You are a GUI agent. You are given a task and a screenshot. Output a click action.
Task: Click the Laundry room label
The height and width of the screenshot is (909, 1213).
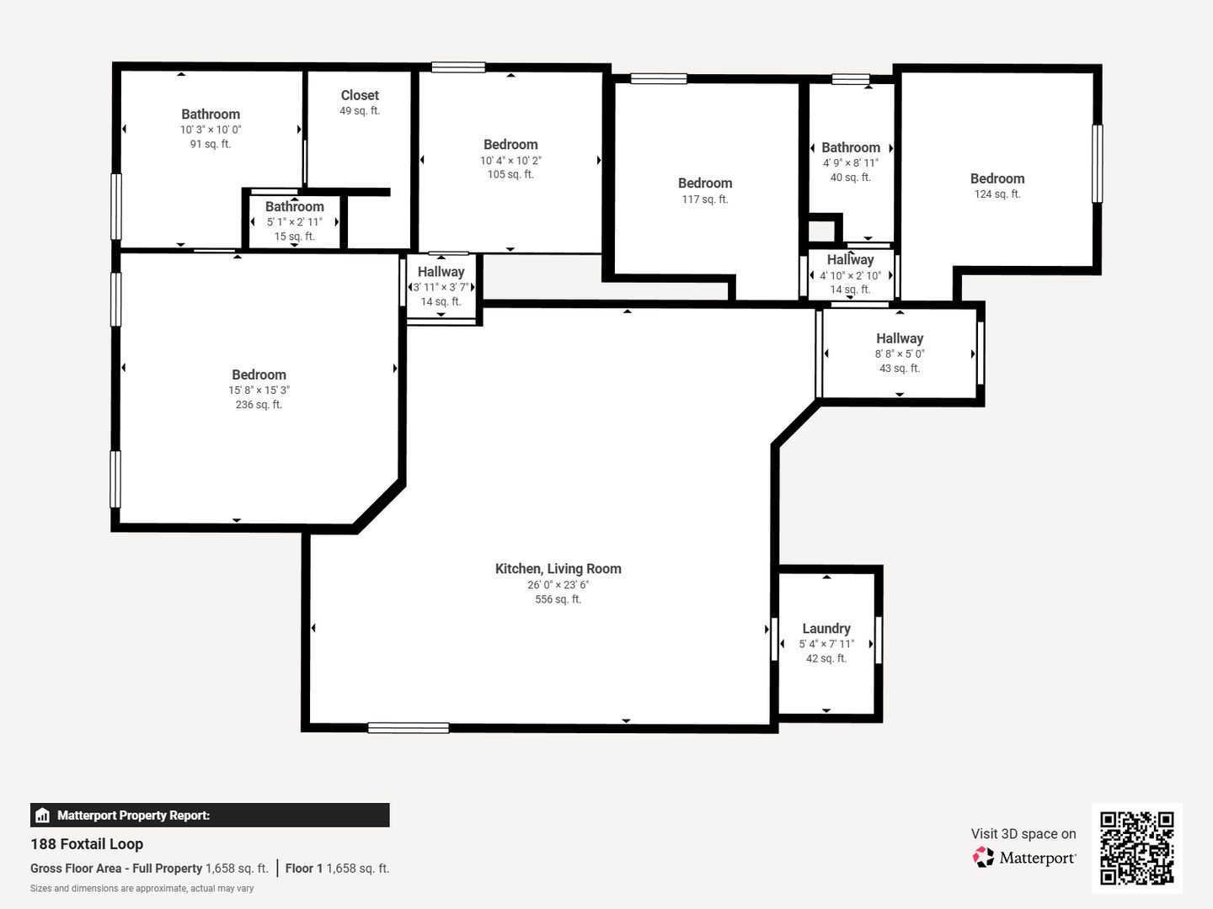(x=826, y=628)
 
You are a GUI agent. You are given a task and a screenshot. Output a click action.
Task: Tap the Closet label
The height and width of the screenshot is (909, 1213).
(x=360, y=95)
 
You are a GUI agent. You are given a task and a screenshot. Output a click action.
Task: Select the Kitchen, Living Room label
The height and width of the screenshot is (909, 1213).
(x=558, y=568)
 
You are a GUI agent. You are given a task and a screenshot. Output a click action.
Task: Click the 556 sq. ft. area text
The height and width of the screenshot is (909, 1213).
(x=558, y=598)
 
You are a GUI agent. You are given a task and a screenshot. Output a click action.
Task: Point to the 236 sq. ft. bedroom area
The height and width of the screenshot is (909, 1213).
(x=259, y=405)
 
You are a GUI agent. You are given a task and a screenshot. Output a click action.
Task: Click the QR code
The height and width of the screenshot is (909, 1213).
(x=1136, y=848)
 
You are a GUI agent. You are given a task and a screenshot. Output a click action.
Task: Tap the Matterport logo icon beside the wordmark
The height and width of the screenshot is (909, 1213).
(x=983, y=857)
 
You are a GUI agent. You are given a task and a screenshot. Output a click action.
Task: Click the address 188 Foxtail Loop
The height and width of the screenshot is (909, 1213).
(x=87, y=844)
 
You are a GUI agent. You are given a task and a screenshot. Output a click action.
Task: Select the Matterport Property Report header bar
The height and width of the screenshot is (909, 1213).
(x=210, y=816)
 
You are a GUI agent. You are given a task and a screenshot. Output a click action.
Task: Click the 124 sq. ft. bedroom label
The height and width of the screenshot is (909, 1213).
(x=997, y=178)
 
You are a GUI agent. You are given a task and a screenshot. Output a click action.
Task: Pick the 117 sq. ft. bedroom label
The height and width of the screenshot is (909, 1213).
(x=705, y=183)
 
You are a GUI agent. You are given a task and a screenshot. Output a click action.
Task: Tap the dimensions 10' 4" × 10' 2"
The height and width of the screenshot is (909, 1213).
(x=510, y=161)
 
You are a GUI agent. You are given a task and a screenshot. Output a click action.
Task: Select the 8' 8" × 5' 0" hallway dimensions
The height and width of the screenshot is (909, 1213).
(x=900, y=353)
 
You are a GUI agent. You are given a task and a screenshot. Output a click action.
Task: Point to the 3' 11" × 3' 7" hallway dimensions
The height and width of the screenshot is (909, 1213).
(x=441, y=287)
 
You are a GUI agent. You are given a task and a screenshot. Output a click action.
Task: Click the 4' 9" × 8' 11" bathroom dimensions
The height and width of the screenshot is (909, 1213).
(x=851, y=162)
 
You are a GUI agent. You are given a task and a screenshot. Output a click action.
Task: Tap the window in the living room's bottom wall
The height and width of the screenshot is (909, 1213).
(x=409, y=729)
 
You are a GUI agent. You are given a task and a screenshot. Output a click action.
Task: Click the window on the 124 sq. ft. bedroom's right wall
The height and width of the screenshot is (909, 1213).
(x=1098, y=163)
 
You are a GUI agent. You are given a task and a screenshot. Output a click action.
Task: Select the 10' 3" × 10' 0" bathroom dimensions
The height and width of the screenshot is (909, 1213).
(x=211, y=130)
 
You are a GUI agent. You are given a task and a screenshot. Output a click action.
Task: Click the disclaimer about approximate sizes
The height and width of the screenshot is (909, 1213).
(x=142, y=889)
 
